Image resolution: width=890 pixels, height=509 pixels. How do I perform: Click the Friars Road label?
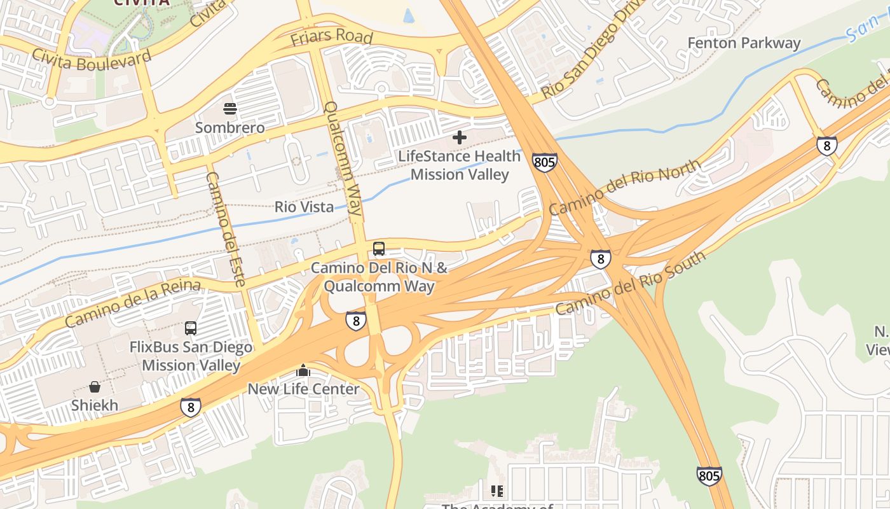tap(331, 37)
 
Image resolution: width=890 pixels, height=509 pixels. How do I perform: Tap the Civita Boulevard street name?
tap(92, 59)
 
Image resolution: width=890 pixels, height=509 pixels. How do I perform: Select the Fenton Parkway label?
tap(744, 43)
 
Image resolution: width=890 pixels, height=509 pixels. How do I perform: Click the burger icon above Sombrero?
tap(230, 109)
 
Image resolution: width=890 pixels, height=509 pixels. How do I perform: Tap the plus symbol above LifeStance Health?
tap(459, 137)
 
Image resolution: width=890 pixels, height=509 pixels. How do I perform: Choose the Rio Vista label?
tap(304, 207)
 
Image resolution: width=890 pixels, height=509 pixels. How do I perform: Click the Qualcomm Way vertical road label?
tap(344, 161)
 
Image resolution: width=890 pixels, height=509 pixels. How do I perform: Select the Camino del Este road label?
tap(226, 229)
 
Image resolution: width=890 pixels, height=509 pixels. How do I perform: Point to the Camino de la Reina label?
tap(132, 303)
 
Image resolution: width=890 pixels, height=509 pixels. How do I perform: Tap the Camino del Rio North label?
tap(626, 187)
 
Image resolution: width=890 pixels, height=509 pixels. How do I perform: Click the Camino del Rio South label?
tap(630, 282)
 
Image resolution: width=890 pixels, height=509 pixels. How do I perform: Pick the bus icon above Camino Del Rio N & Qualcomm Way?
tap(379, 249)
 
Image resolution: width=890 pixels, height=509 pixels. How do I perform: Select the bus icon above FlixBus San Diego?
tap(191, 328)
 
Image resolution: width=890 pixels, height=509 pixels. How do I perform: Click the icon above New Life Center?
tap(303, 370)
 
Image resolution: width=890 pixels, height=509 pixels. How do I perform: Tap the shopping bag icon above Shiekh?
tap(95, 386)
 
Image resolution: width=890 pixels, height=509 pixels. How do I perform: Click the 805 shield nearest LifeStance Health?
tap(545, 162)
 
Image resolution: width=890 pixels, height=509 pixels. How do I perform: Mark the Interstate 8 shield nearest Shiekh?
tap(190, 407)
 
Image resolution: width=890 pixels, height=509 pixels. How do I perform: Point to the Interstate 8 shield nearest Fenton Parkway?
tap(826, 146)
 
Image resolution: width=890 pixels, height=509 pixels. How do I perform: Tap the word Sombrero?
tap(229, 128)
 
